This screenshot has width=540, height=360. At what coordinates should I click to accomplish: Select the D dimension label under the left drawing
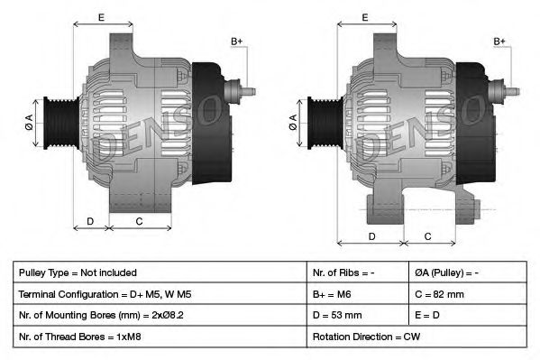tap(90, 221)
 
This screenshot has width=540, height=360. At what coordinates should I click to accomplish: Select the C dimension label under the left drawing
tap(139, 221)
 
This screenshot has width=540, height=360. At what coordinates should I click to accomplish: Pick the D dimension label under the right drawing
tap(371, 236)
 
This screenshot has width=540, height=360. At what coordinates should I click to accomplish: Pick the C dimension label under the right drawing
tap(428, 236)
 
